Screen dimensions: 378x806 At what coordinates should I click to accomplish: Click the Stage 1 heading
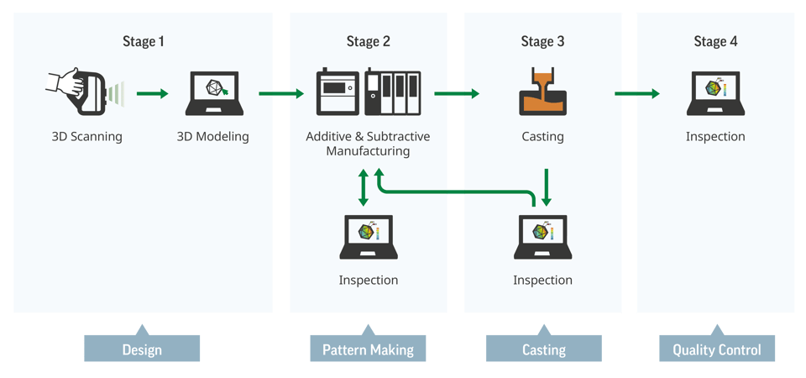pos(144,42)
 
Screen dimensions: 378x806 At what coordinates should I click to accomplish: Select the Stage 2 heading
pos(368,42)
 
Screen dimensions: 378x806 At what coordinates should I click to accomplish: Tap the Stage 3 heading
pos(542,42)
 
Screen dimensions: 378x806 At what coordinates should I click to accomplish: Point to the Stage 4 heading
pos(715,42)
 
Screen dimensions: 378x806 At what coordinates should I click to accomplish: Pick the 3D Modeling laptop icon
pos(213,93)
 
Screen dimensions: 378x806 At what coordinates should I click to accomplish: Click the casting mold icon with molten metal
pos(542,93)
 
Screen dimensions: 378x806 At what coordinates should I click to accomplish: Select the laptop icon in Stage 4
pos(715,93)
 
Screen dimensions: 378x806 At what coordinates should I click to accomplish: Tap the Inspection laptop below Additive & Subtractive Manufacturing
pos(368,237)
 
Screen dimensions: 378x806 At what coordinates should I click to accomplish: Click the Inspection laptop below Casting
pos(542,237)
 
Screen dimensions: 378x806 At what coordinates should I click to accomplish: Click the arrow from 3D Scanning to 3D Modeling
pos(152,93)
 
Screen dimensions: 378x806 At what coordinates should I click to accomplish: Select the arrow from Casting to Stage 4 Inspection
pos(636,93)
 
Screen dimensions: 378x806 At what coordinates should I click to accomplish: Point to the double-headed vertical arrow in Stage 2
pos(363,187)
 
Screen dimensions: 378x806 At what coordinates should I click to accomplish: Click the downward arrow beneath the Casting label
pos(547,186)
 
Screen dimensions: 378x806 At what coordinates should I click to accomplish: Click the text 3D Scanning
pos(86,136)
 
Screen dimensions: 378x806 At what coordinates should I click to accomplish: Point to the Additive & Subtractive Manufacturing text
pos(368,144)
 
